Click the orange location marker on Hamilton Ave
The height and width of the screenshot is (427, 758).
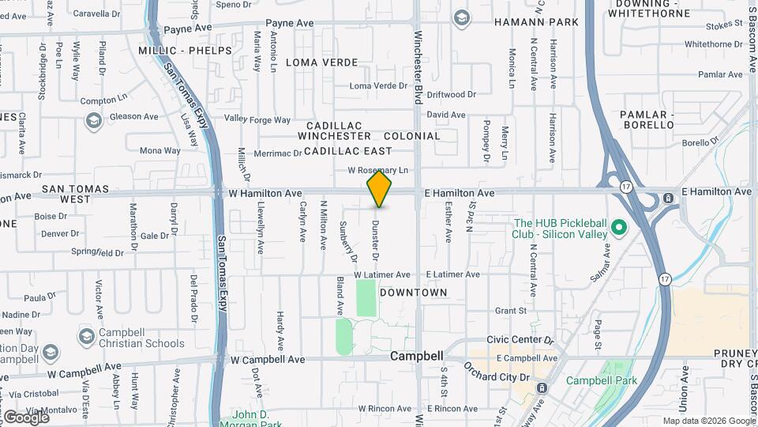pyautogui.click(x=380, y=189)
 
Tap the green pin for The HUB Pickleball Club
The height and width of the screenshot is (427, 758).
pyautogui.click(x=620, y=229)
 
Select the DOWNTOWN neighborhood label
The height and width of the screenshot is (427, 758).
pyautogui.click(x=414, y=293)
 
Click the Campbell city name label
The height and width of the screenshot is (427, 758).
pyautogui.click(x=417, y=356)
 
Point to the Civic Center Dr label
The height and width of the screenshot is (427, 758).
pyautogui.click(x=521, y=341)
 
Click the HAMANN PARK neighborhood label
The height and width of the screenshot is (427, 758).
pyautogui.click(x=537, y=22)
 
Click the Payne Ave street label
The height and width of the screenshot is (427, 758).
pyautogui.click(x=289, y=24)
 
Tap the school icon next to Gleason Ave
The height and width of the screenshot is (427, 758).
pyautogui.click(x=93, y=121)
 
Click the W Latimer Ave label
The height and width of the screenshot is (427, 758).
pyautogui.click(x=382, y=274)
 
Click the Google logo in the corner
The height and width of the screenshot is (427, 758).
pyautogui.click(x=25, y=416)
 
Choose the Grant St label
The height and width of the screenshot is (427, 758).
pyautogui.click(x=511, y=311)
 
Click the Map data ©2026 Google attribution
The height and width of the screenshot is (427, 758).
pyautogui.click(x=708, y=421)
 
